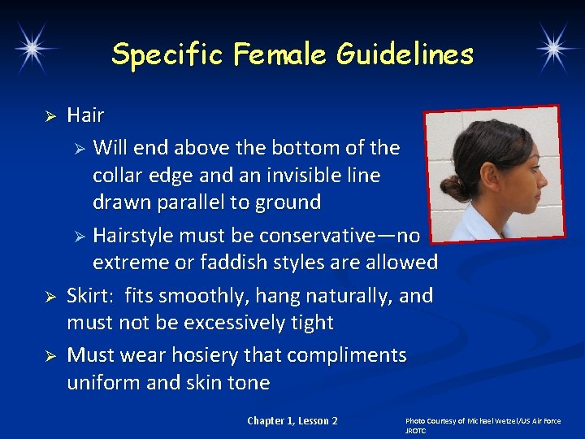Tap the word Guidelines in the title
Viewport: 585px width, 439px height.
click(x=406, y=54)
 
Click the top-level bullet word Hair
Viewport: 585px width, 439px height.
click(x=85, y=115)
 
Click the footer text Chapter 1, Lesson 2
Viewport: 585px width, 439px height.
click(x=292, y=420)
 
